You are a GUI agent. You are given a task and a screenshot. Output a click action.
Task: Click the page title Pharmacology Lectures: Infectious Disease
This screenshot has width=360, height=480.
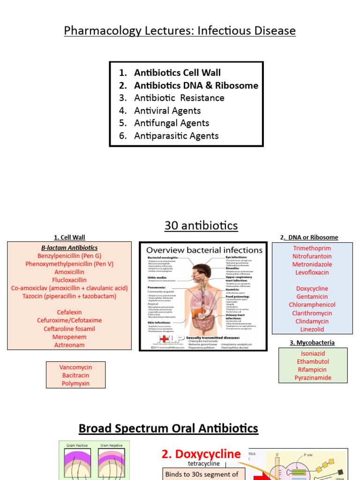(x=180, y=31)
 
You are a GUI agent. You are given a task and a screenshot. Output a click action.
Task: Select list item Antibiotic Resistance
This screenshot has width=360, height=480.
(x=179, y=98)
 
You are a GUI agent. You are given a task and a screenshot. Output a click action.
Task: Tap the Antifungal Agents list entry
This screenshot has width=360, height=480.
(x=172, y=123)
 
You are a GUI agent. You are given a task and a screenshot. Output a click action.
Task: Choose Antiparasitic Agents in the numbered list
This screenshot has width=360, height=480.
(x=176, y=136)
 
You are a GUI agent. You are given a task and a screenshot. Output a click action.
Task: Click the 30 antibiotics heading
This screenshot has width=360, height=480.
(x=201, y=226)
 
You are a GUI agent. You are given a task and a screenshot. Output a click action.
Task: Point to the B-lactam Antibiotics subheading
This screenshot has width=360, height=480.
(x=69, y=248)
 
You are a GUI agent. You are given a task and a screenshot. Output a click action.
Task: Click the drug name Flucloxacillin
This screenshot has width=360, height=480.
(x=69, y=280)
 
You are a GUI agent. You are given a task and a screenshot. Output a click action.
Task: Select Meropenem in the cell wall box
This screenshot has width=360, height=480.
(x=69, y=337)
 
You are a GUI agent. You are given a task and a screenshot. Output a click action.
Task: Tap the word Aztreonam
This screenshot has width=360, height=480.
(x=69, y=345)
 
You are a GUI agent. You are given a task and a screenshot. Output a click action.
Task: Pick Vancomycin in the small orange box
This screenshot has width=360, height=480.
(x=75, y=367)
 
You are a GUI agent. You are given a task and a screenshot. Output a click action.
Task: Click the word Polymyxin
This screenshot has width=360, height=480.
(x=75, y=383)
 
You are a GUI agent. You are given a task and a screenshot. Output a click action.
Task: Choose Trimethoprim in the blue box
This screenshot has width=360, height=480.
(x=312, y=248)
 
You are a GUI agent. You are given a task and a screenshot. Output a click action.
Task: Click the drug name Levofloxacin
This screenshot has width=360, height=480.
(x=312, y=272)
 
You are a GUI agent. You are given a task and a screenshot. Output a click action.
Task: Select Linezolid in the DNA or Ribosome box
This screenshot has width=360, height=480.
(x=312, y=330)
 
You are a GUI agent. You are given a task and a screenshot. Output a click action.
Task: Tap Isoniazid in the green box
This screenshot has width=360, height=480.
(x=313, y=354)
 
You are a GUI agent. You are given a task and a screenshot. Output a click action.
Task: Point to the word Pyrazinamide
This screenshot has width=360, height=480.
(x=313, y=378)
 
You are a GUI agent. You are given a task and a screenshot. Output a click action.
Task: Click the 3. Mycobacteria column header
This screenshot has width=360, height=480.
(x=312, y=343)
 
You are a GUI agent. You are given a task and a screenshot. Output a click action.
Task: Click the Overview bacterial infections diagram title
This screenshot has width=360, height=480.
(x=205, y=250)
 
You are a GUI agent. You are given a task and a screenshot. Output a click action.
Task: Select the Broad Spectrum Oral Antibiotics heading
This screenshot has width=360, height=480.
(x=168, y=428)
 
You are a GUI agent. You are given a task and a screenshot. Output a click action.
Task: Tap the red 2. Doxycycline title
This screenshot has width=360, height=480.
(x=201, y=454)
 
